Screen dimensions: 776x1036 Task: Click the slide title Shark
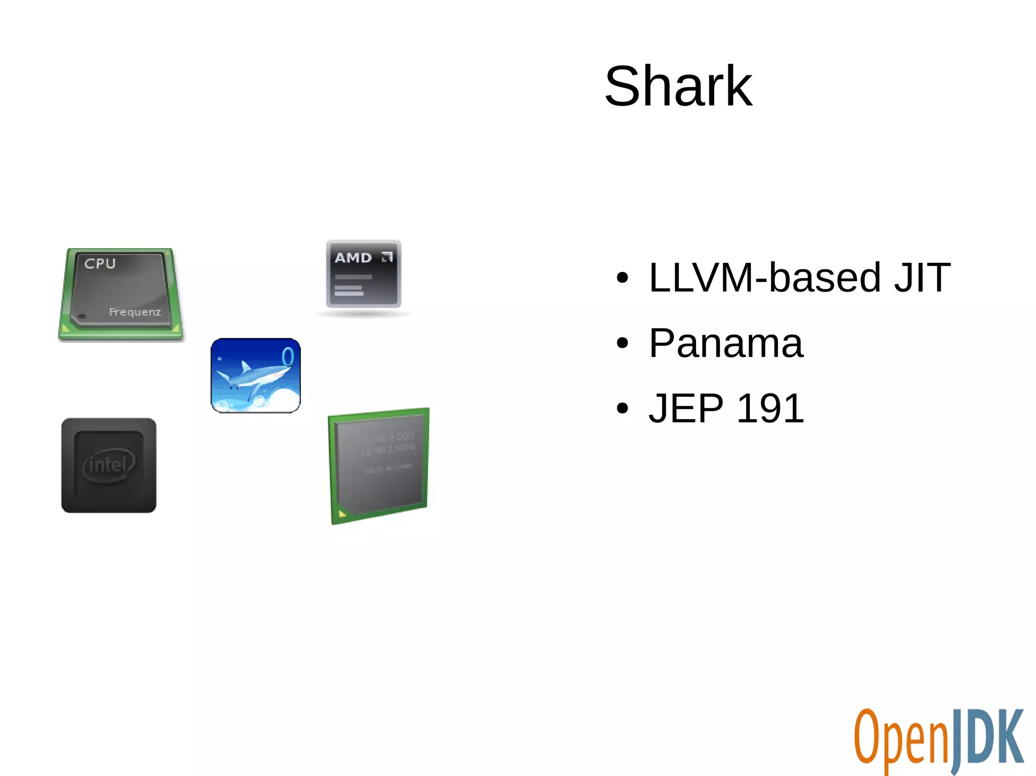[678, 86]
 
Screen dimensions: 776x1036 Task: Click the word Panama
[725, 343]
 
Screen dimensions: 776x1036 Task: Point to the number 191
[770, 408]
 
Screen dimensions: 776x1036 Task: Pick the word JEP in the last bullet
[686, 408]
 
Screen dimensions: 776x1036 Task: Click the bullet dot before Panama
[622, 343]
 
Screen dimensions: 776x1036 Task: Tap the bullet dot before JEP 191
[622, 408]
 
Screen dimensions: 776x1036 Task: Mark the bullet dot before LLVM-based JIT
[622, 278]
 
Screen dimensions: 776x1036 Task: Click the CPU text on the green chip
[100, 263]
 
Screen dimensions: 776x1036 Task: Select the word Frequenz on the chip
[135, 312]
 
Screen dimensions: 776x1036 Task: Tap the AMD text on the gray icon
[353, 258]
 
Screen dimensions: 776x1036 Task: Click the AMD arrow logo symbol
[387, 257]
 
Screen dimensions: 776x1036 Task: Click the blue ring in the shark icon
[287, 356]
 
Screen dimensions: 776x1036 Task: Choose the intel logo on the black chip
[109, 465]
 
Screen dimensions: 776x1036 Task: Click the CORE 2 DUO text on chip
[388, 437]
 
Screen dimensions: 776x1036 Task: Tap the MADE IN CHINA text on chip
[388, 468]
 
